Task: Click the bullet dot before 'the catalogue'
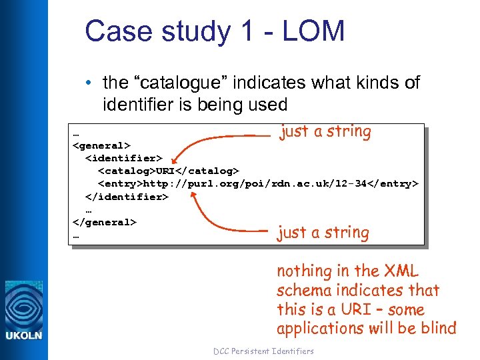click(x=88, y=83)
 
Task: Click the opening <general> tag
click(x=101, y=145)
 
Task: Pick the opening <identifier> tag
click(x=124, y=158)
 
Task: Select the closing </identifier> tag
click(x=127, y=197)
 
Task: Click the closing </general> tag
click(x=105, y=222)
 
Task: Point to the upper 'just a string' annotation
click(x=325, y=131)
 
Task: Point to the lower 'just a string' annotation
click(x=323, y=233)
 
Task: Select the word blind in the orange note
click(x=437, y=328)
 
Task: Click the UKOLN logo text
click(x=24, y=335)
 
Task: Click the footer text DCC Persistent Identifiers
click(x=263, y=351)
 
